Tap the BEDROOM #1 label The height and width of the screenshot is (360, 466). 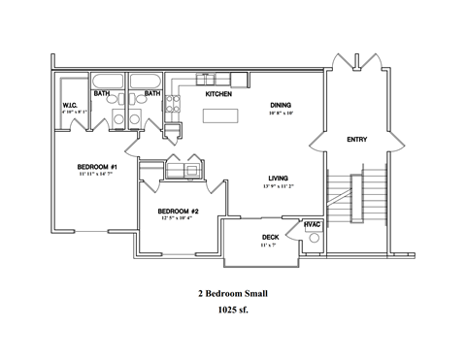97,167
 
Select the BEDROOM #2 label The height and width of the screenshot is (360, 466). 178,211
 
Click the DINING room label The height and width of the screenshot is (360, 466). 283,105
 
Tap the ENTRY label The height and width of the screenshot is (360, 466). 356,141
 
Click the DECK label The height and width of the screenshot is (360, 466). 271,237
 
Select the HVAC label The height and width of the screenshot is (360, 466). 312,225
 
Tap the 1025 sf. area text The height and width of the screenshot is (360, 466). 233,311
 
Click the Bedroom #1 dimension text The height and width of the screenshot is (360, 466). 97,176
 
